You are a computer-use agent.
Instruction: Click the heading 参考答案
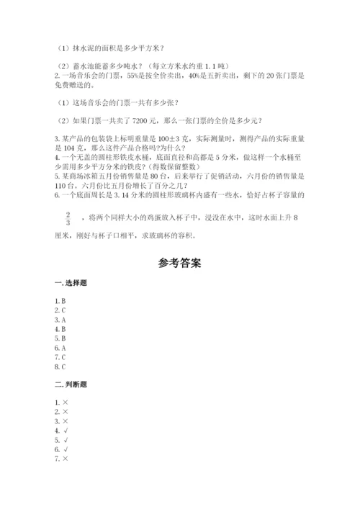(179, 263)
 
